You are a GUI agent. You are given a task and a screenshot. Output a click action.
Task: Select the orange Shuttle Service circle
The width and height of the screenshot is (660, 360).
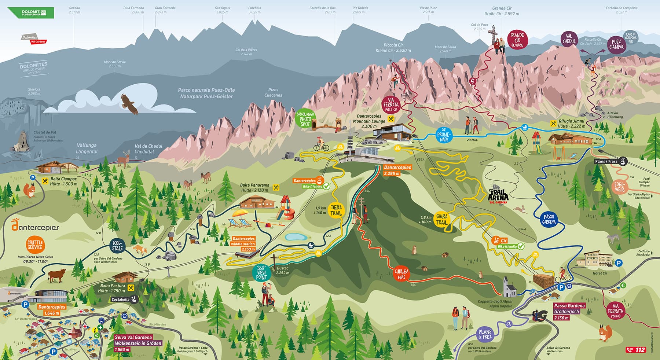[x=36, y=245]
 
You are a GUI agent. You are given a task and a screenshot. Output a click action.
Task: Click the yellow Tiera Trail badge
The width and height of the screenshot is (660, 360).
[x=336, y=210]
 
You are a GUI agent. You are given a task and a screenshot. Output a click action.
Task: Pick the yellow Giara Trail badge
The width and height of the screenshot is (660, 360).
[x=441, y=220]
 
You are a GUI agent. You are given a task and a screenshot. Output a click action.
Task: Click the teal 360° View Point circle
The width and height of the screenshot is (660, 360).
[x=261, y=273]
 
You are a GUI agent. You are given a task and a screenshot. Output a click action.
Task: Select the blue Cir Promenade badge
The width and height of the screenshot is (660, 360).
[x=444, y=135]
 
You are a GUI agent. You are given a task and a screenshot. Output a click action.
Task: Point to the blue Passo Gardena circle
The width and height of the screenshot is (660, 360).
[x=549, y=219]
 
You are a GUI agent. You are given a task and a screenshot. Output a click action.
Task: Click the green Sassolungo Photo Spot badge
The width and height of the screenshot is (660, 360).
[x=305, y=120]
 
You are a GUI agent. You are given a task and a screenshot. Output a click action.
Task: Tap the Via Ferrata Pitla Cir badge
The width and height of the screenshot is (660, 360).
[x=391, y=104]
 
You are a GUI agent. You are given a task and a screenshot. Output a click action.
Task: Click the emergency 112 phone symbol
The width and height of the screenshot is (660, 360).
[x=636, y=349]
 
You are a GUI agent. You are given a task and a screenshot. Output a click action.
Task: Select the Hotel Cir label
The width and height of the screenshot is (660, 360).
[x=600, y=273]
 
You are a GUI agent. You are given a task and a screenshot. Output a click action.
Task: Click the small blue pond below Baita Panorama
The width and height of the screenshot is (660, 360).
[x=296, y=237]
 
